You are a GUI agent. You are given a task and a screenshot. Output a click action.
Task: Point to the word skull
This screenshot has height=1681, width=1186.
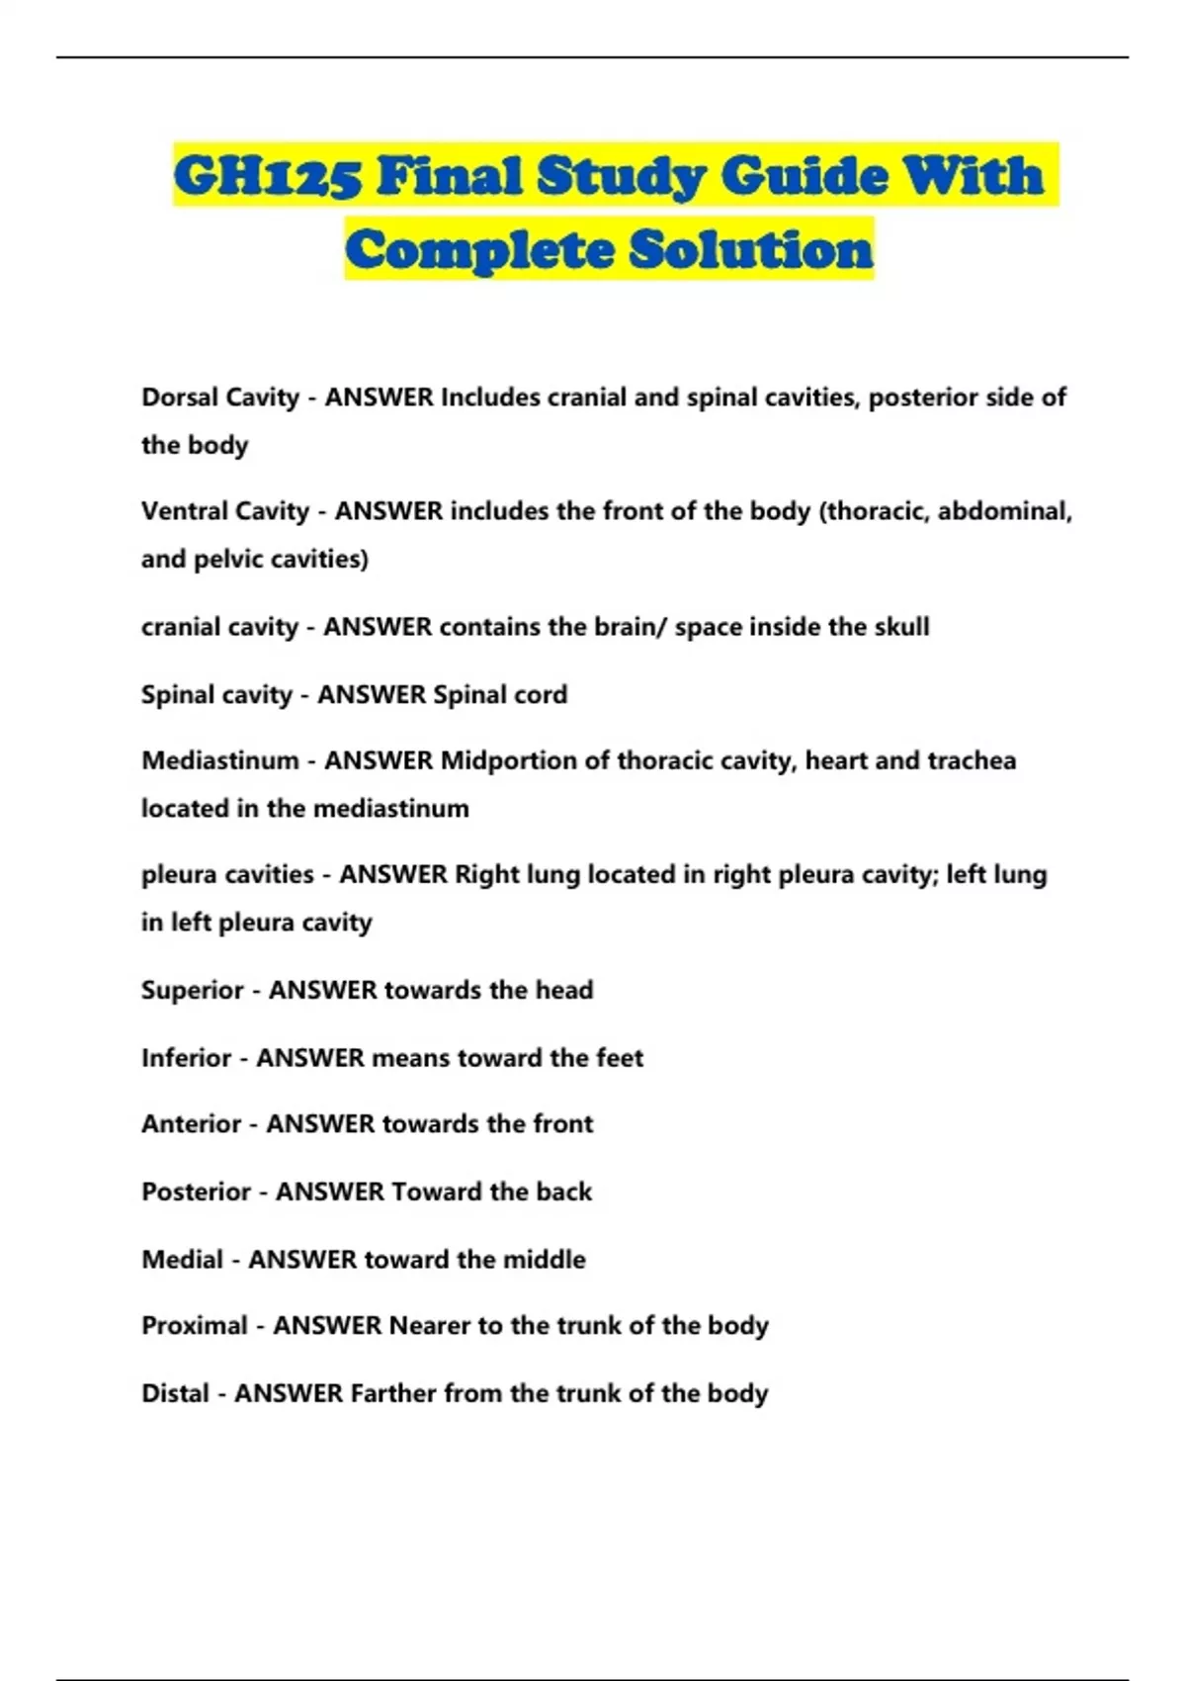tap(899, 627)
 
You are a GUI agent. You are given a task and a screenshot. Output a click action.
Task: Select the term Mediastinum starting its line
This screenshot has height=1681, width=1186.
tap(219, 760)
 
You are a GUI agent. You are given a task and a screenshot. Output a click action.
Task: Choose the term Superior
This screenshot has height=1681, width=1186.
tap(192, 990)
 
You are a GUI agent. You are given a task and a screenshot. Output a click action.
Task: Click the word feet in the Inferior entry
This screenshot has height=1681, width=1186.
tap(620, 1058)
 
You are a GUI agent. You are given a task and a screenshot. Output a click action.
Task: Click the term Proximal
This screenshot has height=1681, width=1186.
tap(194, 1325)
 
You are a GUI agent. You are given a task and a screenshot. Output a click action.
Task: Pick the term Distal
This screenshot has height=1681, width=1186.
tap(175, 1393)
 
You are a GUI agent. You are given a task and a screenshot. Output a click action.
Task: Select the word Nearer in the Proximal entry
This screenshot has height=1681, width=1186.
tap(430, 1325)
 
